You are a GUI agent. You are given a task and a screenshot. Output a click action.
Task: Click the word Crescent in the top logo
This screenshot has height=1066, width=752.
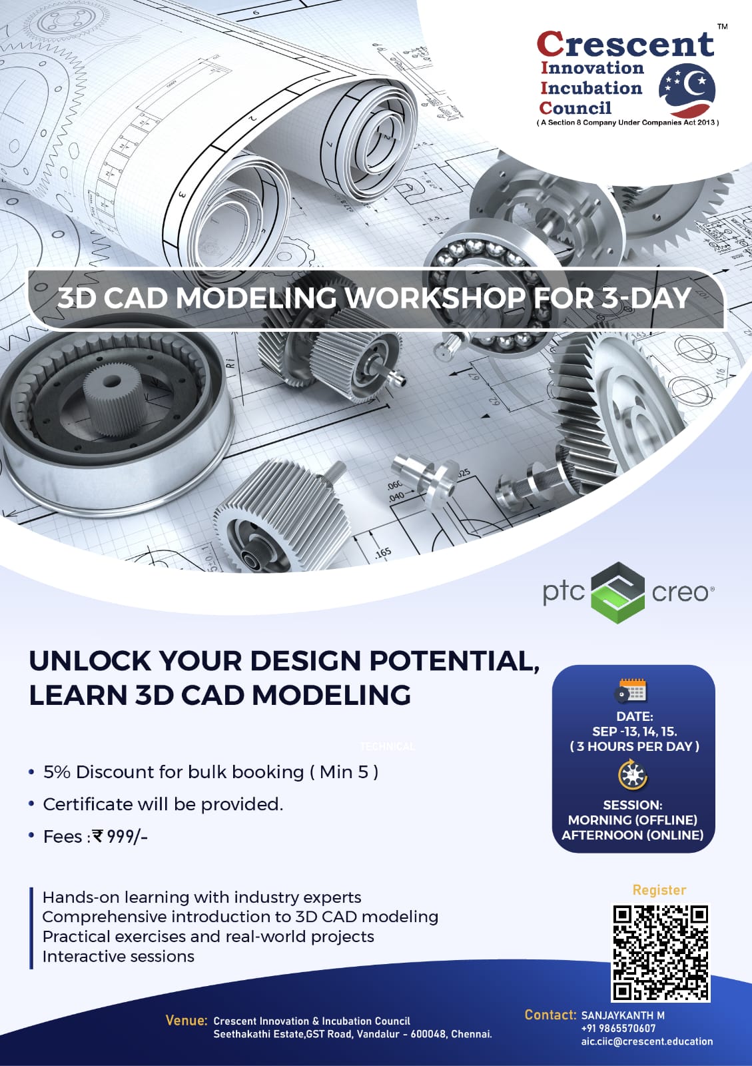click(625, 45)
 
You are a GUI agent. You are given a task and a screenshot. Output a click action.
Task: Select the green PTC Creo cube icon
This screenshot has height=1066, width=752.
click(618, 592)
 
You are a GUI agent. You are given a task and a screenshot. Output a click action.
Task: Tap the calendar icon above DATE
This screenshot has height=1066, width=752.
click(632, 691)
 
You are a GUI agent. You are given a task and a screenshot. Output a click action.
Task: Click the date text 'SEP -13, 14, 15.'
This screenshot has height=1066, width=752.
click(634, 731)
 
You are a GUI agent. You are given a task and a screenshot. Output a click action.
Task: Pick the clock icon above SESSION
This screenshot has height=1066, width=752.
click(632, 775)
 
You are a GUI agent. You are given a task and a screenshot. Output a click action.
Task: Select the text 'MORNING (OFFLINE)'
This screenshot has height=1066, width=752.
click(633, 819)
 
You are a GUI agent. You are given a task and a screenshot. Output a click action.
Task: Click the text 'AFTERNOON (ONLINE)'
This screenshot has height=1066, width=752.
click(633, 835)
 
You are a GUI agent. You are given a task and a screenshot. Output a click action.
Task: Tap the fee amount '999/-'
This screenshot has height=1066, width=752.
click(127, 836)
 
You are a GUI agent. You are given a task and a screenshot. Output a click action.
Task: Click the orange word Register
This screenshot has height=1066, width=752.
click(659, 889)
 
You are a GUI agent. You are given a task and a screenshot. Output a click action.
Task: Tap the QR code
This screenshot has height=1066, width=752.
click(661, 952)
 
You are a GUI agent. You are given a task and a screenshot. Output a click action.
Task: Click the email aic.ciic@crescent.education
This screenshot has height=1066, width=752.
click(646, 1041)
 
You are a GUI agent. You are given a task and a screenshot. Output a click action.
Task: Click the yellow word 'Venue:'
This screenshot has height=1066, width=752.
click(187, 1020)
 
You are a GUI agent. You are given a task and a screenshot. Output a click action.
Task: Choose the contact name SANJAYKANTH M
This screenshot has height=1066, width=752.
click(623, 1015)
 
